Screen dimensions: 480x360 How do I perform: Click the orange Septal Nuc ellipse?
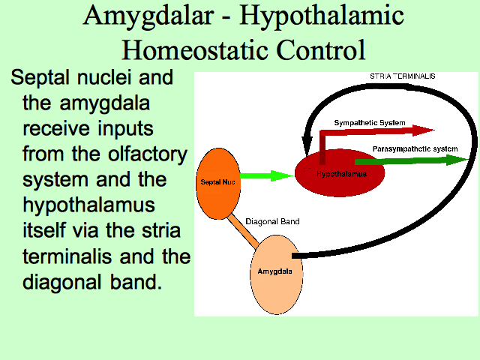(x=218, y=184)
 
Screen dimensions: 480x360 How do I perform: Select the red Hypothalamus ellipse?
(x=340, y=173)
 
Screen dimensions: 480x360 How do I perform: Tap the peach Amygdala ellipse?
(x=277, y=274)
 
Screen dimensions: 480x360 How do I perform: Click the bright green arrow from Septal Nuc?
(x=267, y=175)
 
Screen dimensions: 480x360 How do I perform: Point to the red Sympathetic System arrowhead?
(x=423, y=130)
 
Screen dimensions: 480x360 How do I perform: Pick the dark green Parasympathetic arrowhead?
(x=457, y=160)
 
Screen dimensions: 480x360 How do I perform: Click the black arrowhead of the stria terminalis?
(x=307, y=145)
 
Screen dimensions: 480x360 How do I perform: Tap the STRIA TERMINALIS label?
(x=402, y=76)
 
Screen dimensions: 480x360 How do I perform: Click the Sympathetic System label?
(x=370, y=123)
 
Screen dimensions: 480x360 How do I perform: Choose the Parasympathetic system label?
(x=415, y=149)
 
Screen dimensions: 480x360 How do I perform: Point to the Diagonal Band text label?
(x=272, y=221)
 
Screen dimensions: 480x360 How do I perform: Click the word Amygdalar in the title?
(x=148, y=16)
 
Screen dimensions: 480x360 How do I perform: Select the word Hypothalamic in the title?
(x=322, y=16)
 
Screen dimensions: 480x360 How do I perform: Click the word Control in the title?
(x=321, y=49)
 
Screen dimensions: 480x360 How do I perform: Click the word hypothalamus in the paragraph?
(x=88, y=205)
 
